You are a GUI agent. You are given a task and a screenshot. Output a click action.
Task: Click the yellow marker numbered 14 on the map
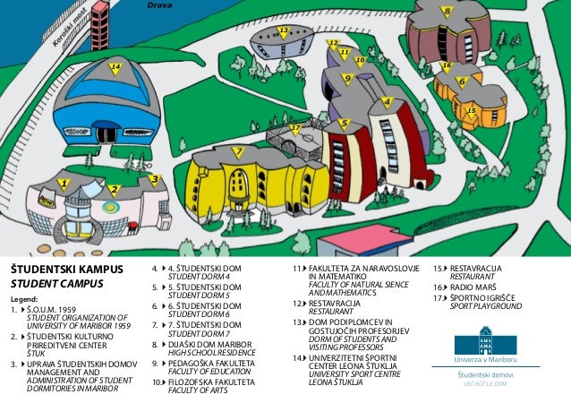[x=115, y=68]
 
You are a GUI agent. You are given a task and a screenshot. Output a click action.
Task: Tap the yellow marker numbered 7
[x=238, y=152]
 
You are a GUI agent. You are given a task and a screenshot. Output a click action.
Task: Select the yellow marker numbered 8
[x=446, y=12]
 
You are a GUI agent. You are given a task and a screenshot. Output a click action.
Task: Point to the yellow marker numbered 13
[x=284, y=33]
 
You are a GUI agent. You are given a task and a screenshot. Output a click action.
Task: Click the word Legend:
[x=24, y=300]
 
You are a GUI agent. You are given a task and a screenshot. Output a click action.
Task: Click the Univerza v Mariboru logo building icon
[x=485, y=341]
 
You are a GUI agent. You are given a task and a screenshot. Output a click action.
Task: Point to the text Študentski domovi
[x=485, y=374]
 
